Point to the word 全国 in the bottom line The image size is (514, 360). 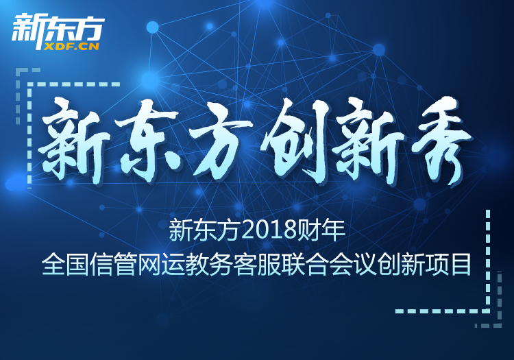tap(66, 264)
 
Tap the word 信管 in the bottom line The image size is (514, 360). tap(113, 264)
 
